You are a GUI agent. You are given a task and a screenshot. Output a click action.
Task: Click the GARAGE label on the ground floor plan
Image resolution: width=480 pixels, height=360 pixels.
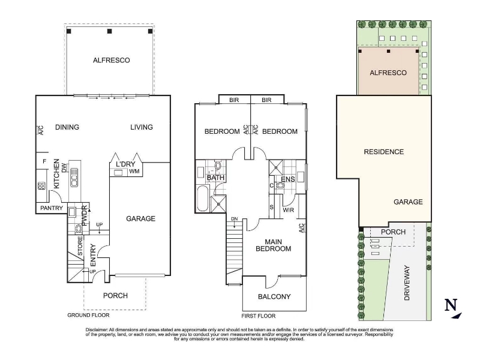141,218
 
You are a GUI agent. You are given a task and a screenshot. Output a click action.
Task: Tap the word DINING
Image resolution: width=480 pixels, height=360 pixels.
67,127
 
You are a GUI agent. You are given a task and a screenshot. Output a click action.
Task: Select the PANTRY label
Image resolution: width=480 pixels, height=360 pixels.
52,208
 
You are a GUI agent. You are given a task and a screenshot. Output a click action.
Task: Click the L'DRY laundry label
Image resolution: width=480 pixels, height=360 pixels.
125,164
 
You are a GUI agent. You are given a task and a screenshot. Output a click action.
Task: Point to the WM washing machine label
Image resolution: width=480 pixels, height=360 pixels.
134,172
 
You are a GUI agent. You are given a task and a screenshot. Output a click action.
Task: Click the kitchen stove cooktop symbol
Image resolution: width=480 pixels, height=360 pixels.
41,186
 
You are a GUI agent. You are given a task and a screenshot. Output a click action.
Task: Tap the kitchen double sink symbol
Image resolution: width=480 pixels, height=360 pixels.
74,177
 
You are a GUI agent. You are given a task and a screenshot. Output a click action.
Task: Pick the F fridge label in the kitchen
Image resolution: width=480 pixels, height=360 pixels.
44,161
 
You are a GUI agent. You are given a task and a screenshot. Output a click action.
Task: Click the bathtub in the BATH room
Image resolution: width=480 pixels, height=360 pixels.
203,199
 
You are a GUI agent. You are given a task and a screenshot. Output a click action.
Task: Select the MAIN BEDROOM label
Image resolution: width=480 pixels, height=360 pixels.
274,245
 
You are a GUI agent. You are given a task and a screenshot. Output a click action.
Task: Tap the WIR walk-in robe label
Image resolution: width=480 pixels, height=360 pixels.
289,210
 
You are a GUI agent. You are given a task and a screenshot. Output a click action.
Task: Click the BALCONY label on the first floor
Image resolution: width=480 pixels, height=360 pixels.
274,296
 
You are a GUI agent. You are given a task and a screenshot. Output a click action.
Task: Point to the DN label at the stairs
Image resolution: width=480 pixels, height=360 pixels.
234,219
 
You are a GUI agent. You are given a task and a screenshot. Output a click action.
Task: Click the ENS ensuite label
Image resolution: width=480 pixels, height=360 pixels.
288,179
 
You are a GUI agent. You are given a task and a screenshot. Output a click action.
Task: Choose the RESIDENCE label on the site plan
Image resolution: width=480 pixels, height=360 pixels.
384,152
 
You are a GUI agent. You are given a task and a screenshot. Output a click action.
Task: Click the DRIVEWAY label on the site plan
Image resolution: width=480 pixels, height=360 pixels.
407,283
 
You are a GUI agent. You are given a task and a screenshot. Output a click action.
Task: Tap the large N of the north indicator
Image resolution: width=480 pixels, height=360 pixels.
451,305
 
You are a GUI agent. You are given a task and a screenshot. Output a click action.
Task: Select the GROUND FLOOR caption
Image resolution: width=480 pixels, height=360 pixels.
88,315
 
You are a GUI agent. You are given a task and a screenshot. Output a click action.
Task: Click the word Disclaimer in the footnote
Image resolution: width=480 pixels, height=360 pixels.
97,329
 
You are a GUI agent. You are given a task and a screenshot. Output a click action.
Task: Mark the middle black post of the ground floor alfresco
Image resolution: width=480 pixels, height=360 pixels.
110,31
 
